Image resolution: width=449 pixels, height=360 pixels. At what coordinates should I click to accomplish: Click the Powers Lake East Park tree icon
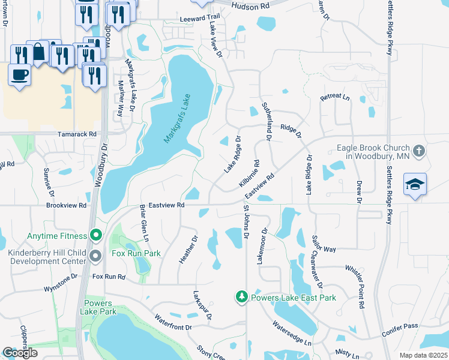tap(241, 297)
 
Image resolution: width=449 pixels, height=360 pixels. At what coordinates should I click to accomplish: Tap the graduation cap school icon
tap(415, 184)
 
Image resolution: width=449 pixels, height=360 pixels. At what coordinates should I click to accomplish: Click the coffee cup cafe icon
tap(20, 74)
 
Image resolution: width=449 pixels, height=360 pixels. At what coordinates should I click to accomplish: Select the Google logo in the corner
tap(20, 353)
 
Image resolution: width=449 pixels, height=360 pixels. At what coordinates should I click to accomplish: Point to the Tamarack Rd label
tap(77, 134)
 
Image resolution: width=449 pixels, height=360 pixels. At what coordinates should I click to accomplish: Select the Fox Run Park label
tap(136, 254)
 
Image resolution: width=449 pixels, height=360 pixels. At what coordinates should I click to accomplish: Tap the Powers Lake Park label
tap(100, 307)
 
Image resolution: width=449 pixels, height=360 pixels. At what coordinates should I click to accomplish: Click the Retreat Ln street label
tap(334, 97)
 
